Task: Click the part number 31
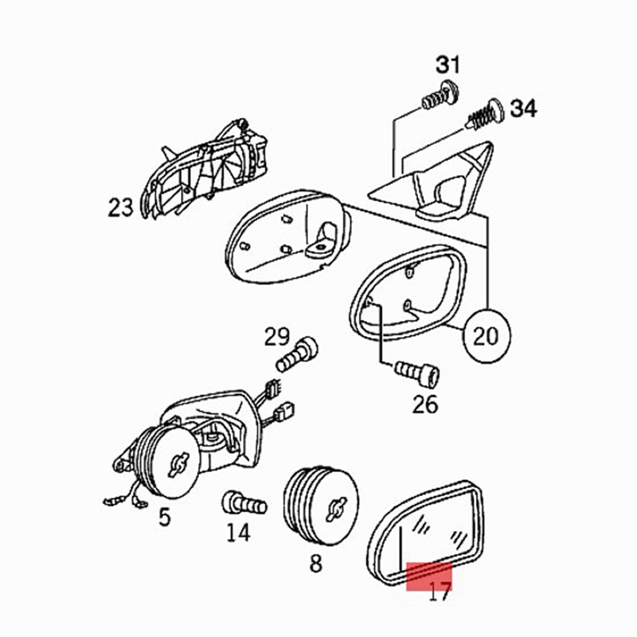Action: point(448,65)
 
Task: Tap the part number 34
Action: point(523,108)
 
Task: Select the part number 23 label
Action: point(121,207)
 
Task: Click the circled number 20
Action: point(486,336)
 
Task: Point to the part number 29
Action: point(277,337)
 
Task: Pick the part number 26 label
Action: point(425,404)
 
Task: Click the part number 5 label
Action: point(165,517)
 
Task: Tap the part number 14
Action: point(238,533)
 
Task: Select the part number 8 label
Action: point(316,564)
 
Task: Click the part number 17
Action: point(440,592)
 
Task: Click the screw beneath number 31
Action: point(440,96)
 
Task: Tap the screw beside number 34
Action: point(486,114)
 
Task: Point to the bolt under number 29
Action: point(297,354)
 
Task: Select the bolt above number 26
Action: point(416,373)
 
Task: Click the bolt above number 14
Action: point(244,505)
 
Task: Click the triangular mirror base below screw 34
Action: point(432,181)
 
